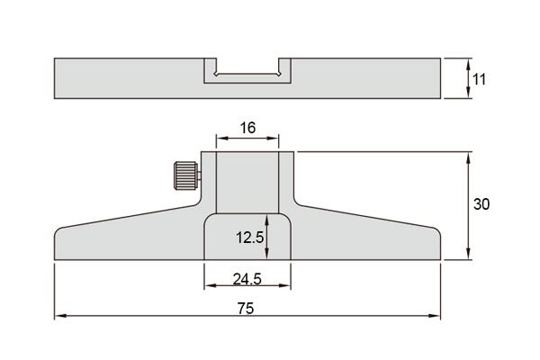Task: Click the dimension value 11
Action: click(x=479, y=79)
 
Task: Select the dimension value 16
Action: click(x=247, y=128)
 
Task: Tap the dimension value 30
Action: click(x=481, y=204)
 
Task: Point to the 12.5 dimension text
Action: click(x=249, y=238)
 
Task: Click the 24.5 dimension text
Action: click(x=247, y=279)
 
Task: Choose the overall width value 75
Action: click(x=246, y=309)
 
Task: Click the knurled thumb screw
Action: click(x=186, y=175)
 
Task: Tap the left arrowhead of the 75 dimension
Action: click(x=60, y=316)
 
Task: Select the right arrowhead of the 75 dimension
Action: click(x=435, y=316)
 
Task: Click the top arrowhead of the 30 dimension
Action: click(x=468, y=158)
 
